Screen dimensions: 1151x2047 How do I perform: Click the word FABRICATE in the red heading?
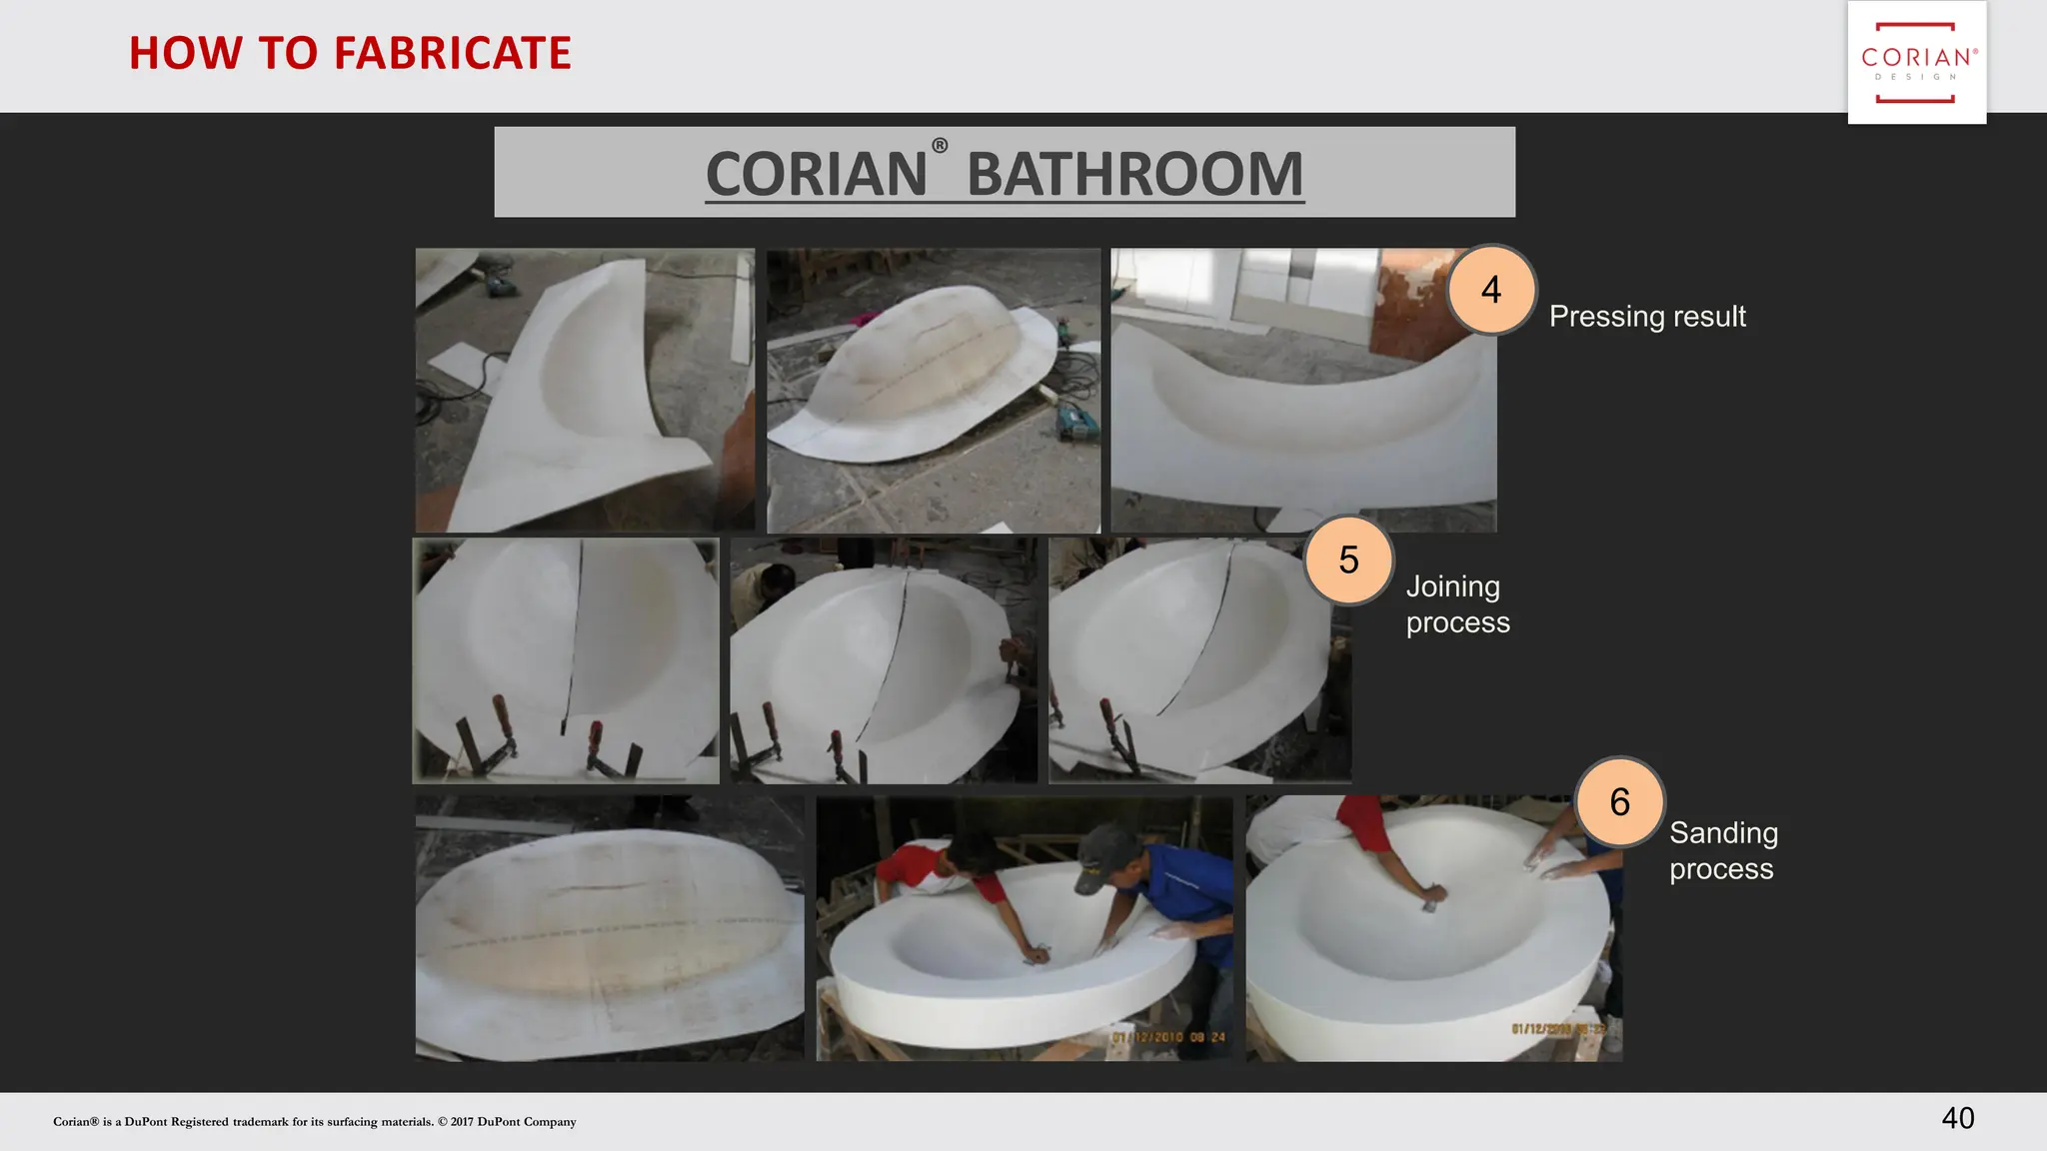[x=452, y=53]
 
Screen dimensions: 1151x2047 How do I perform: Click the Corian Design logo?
[x=1916, y=62]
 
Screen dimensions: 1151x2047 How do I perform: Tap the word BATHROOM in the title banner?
[x=1134, y=174]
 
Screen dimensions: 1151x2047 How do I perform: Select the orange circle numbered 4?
[x=1490, y=290]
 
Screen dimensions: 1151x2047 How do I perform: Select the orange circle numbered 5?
[x=1348, y=561]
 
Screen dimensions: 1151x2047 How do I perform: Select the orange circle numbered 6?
[x=1619, y=802]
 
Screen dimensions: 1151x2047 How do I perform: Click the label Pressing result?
[x=1646, y=317]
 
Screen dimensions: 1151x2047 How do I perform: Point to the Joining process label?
[x=1456, y=603]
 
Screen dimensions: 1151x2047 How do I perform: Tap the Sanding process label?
[x=1722, y=850]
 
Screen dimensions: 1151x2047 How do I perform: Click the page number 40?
[x=1957, y=1118]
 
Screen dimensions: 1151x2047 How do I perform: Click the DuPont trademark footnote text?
[x=314, y=1122]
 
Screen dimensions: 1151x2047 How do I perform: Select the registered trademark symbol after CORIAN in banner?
[x=940, y=146]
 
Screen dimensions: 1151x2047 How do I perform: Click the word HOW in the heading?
[x=186, y=53]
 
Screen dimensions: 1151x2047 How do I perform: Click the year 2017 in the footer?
[x=462, y=1122]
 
